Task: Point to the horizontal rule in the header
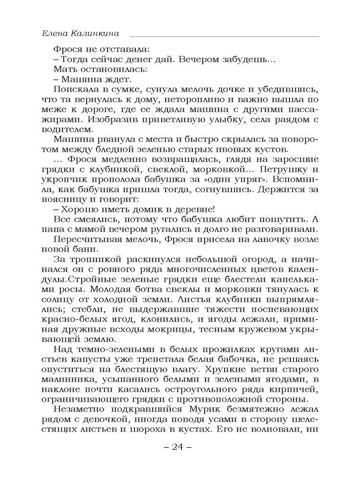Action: [x=224, y=36]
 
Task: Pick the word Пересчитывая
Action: [x=89, y=239]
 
